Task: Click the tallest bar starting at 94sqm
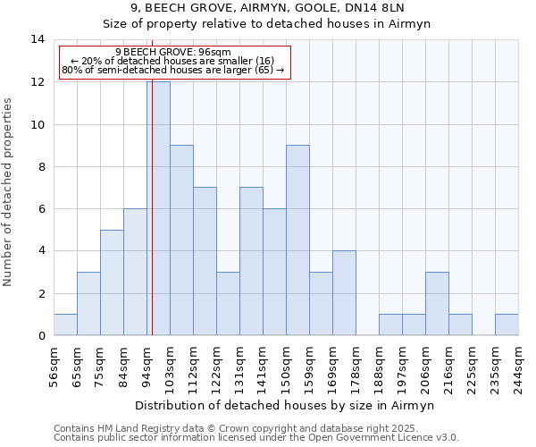(158, 208)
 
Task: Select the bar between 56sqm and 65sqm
(65, 325)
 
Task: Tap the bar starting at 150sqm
(297, 240)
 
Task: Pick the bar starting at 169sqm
(344, 293)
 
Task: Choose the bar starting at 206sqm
(437, 304)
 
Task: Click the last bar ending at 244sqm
(507, 325)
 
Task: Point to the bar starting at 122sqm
(228, 304)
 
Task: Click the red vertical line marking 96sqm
(152, 223)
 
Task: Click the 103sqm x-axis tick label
(170, 365)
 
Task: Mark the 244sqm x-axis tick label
(518, 365)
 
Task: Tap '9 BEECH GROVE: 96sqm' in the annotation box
(173, 52)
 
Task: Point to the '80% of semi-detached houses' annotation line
(173, 70)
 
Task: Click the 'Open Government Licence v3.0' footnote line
(256, 437)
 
